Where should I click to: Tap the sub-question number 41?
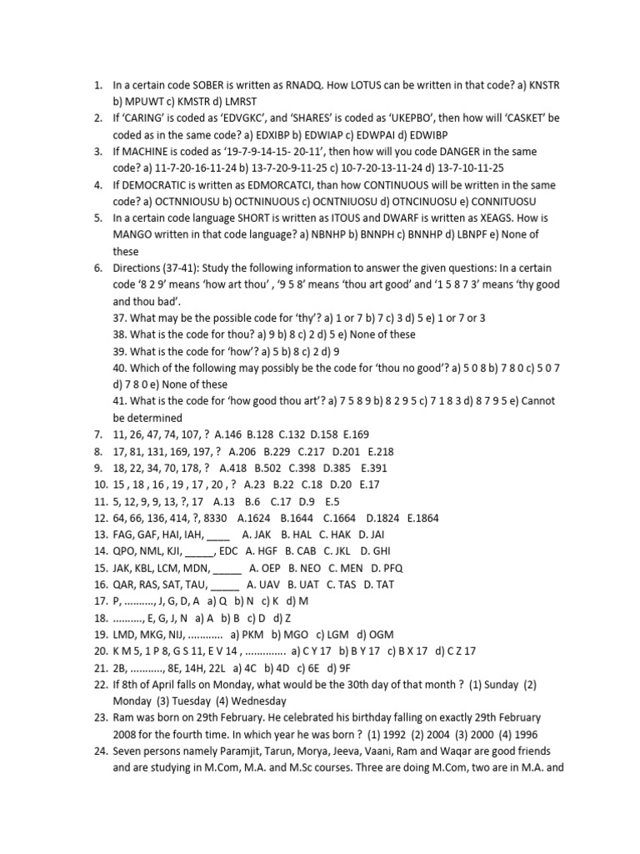point(121,401)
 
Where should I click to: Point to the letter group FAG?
point(125,535)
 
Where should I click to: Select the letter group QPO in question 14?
point(126,551)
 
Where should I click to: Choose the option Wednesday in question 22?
point(256,701)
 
